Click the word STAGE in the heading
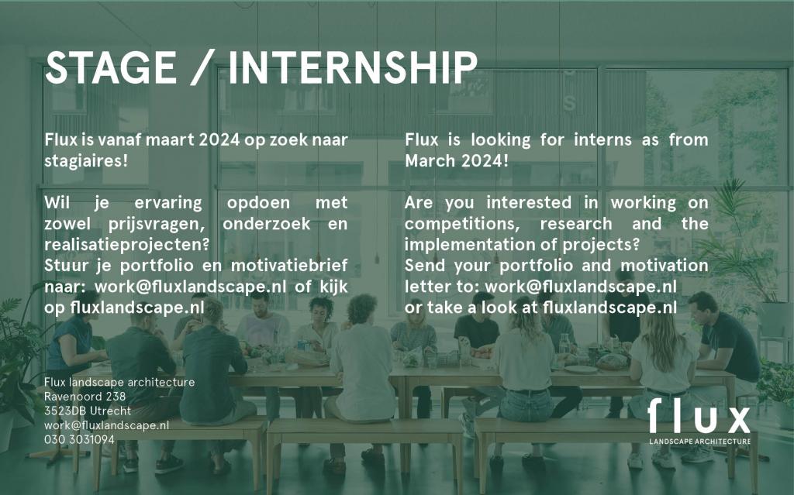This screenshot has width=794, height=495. pos(110,67)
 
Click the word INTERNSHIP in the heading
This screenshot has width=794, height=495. pos(353,67)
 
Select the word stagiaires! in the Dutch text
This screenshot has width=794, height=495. pos(86,161)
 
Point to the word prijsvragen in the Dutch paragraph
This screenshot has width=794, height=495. pos(143,224)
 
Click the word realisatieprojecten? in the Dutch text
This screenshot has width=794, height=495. pos(126,245)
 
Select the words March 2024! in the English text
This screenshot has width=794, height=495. pos(456,161)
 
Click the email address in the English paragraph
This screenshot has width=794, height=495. pos(580,287)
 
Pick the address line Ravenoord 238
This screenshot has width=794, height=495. pos(85,397)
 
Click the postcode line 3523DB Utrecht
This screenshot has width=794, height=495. pos(88,411)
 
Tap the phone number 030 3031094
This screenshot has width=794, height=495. pos(80,439)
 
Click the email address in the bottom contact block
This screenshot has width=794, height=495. pos(106,425)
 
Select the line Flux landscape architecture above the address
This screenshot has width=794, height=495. pos(119,382)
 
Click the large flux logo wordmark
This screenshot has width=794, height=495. pos(699,415)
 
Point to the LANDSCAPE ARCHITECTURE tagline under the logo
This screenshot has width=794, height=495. pos(700,442)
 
